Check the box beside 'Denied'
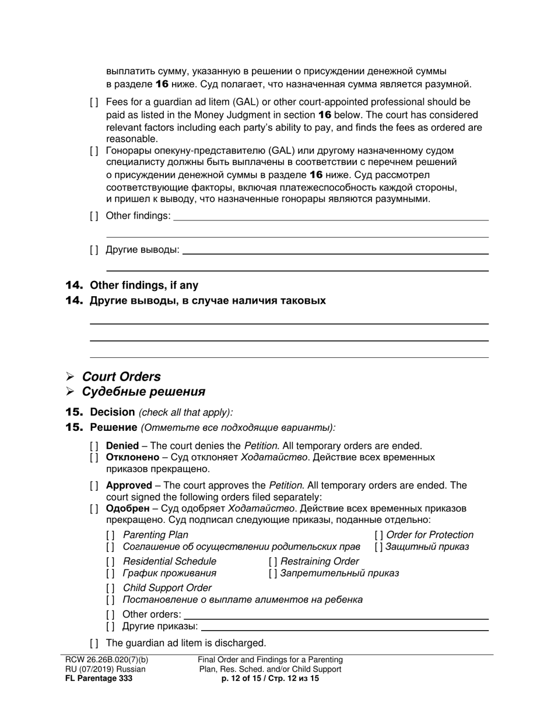(x=94, y=446)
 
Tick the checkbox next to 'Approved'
(x=94, y=486)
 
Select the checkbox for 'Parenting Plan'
(x=110, y=535)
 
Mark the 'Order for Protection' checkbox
(x=379, y=535)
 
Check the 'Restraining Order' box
(x=273, y=561)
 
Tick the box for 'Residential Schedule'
(x=110, y=561)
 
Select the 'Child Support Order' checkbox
(x=110, y=588)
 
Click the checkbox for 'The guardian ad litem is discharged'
(x=94, y=644)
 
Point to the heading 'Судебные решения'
(x=143, y=392)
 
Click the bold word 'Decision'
(x=113, y=412)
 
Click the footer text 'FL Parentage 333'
(x=99, y=679)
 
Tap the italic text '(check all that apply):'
(x=185, y=413)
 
